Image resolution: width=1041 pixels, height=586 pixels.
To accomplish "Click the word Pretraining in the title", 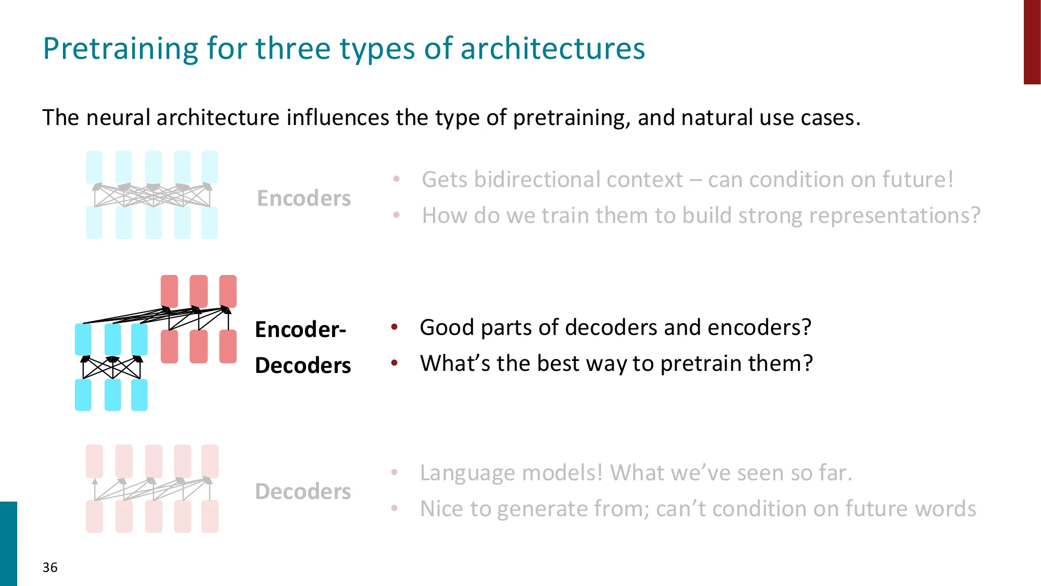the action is pos(121,49).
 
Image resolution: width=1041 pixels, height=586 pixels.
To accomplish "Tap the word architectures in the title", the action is pos(553,48).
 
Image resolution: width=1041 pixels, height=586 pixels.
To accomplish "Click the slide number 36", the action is pos(50,567).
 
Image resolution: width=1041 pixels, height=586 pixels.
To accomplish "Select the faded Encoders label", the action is pos(304,198).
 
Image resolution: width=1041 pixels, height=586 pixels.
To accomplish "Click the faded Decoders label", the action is pos(303,492).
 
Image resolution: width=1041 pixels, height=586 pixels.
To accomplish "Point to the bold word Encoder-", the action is pos(301,330).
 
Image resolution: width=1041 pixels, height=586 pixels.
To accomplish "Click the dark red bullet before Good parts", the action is pos(395,327).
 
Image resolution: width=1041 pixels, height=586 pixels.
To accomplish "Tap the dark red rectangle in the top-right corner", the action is pos(1032,42).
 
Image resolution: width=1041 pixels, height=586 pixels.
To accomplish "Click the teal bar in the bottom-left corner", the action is pos(8,544).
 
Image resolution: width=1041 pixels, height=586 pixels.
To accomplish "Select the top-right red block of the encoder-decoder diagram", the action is pos(228,291).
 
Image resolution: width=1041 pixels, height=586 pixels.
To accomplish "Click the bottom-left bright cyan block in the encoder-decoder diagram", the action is pos(83,395).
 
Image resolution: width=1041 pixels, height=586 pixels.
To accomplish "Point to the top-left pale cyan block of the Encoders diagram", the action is pos(94,167).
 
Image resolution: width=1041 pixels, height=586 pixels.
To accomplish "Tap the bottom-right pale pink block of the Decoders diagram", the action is pos(210,516).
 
